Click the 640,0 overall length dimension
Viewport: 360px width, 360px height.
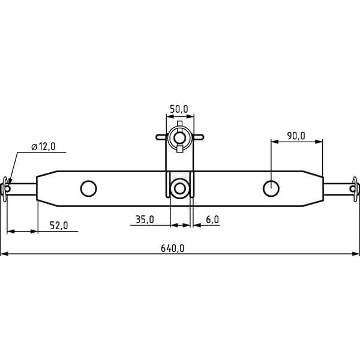point(172,248)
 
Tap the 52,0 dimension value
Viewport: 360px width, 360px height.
point(59,226)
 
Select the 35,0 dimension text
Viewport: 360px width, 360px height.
point(145,220)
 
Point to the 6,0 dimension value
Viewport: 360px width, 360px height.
point(212,220)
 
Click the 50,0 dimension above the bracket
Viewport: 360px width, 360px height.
point(179,109)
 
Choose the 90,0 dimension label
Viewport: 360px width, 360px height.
point(296,136)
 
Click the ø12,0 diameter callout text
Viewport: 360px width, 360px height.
point(43,146)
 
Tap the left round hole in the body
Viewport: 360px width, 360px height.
point(89,188)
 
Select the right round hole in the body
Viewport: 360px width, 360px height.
point(271,188)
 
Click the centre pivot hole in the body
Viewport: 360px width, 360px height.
point(180,188)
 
